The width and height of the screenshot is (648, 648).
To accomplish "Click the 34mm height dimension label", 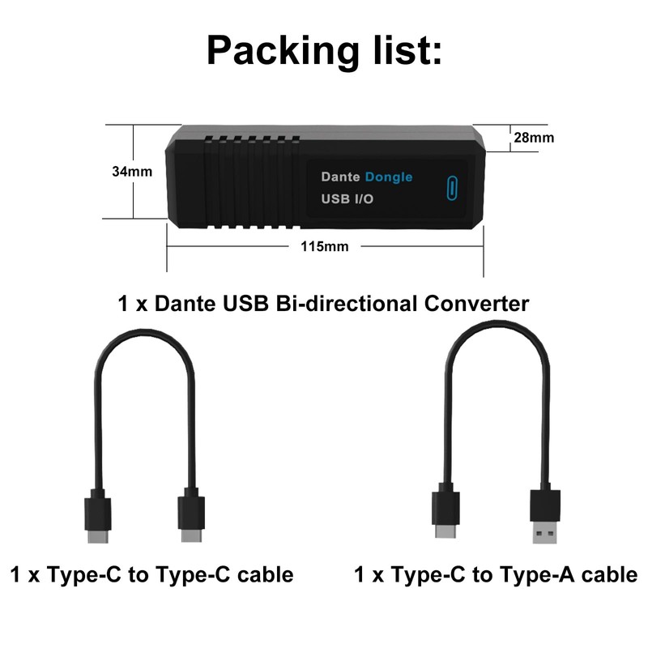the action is (132, 172).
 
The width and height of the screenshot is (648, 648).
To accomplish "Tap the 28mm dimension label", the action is (534, 138).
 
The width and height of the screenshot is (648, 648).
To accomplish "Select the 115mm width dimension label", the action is (324, 246).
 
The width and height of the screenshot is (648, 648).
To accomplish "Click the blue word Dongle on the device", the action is (388, 177).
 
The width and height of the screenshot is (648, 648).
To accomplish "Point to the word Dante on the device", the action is (340, 177).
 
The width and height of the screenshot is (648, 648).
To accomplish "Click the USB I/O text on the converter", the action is (347, 198).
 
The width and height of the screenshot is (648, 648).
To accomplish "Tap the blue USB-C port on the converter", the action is (451, 186).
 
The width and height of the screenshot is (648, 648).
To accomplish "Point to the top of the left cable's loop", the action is (146, 334).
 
